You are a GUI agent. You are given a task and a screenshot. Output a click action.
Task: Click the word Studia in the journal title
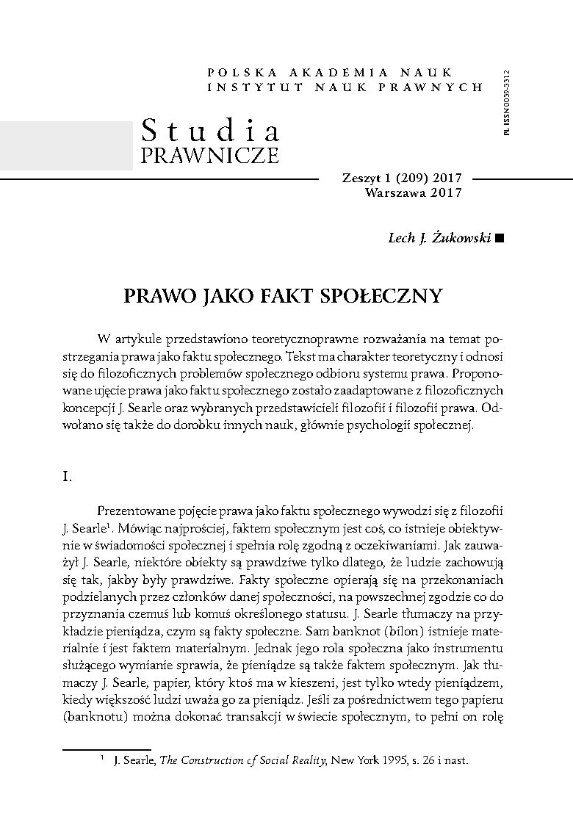pyautogui.click(x=211, y=131)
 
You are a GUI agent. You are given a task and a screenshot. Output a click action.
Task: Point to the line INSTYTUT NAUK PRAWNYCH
pyautogui.click(x=345, y=87)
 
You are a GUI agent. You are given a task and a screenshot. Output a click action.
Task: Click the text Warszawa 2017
pyautogui.click(x=413, y=192)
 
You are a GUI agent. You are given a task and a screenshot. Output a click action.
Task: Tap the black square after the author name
pyautogui.click(x=500, y=238)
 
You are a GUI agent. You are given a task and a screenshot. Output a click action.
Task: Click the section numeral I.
pyautogui.click(x=65, y=477)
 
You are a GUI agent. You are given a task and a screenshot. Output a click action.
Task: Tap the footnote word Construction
pyautogui.click(x=216, y=762)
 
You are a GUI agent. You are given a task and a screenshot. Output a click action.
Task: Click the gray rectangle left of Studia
pyautogui.click(x=66, y=144)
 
